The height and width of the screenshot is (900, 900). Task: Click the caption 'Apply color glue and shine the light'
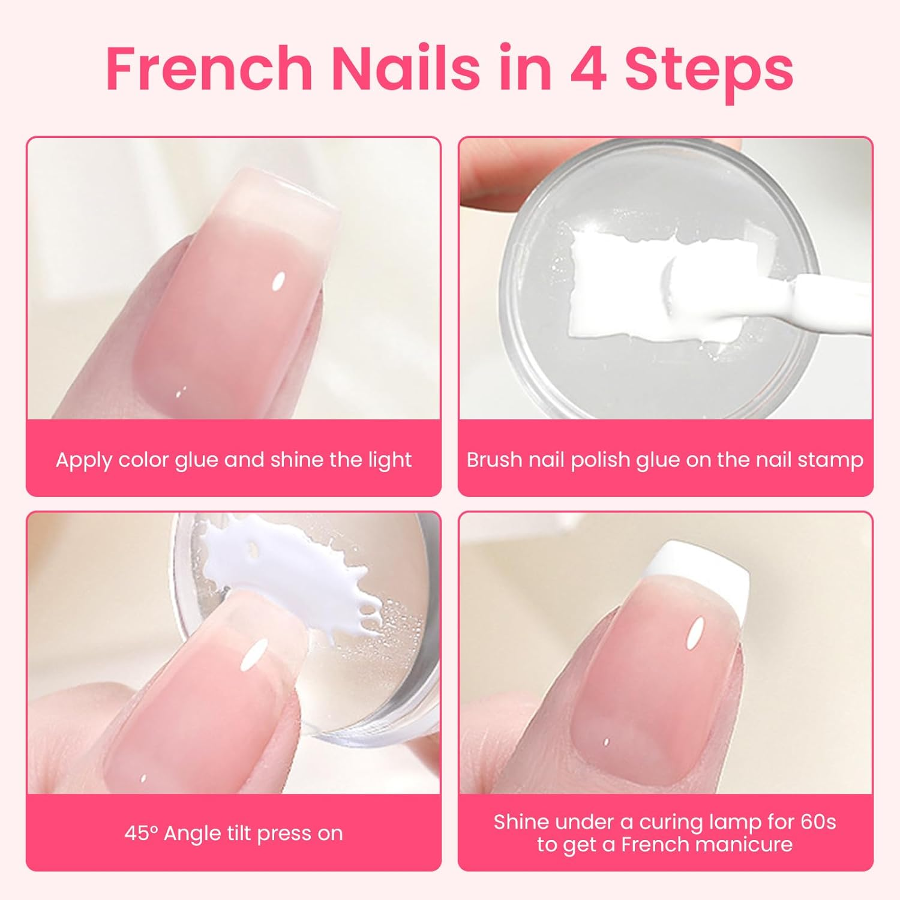click(233, 460)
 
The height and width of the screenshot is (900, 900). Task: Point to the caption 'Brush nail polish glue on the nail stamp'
click(665, 460)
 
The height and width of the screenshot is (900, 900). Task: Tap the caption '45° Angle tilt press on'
click(233, 833)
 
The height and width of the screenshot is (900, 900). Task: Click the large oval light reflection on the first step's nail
click(278, 281)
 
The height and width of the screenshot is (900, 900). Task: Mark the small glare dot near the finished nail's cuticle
click(607, 742)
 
